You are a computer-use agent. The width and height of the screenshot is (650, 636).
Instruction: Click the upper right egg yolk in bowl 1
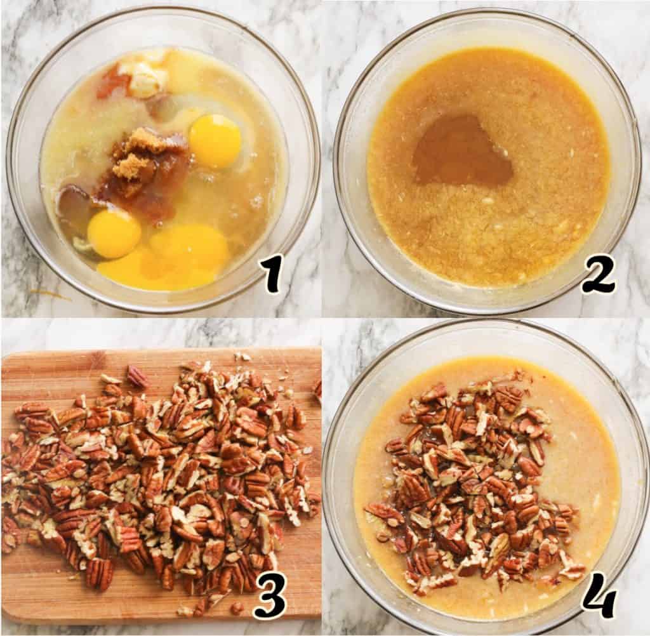tap(215, 141)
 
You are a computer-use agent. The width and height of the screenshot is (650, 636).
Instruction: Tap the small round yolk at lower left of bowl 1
tap(114, 234)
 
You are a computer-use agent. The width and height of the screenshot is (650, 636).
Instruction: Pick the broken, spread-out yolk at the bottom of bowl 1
tap(174, 257)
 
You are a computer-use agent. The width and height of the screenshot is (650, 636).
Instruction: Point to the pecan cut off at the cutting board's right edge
tap(317, 390)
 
